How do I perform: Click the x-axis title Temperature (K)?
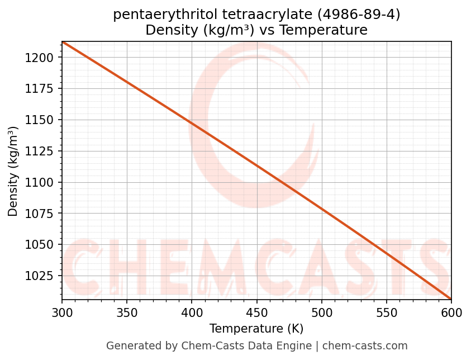[x=256, y=329]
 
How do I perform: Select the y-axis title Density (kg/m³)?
[x=13, y=171]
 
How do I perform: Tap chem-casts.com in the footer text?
[x=365, y=346]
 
